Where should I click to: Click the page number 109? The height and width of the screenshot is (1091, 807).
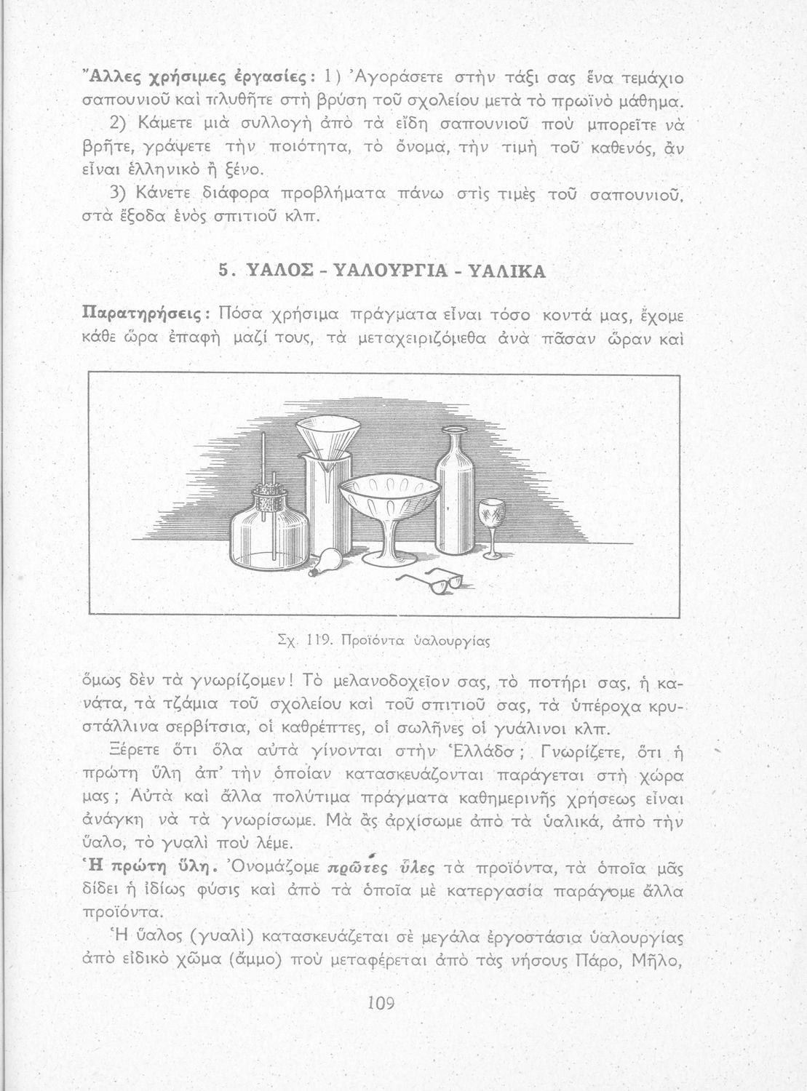tap(381, 1004)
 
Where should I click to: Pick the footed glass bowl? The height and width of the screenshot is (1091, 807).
tap(394, 506)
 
